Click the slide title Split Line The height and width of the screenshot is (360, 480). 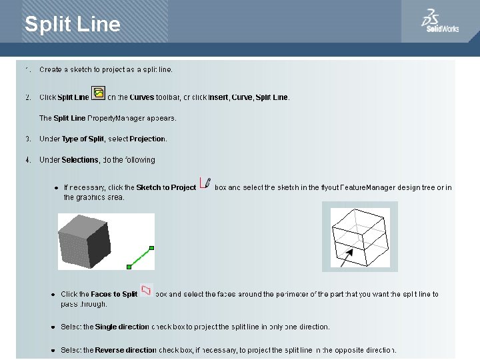pyautogui.click(x=73, y=25)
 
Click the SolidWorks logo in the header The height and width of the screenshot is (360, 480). pyautogui.click(x=440, y=21)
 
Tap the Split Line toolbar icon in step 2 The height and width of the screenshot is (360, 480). pyautogui.click(x=98, y=93)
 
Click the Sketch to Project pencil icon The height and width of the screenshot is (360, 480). pyautogui.click(x=206, y=183)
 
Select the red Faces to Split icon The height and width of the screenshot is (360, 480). pyautogui.click(x=145, y=290)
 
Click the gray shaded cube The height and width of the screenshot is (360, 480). pyautogui.click(x=84, y=241)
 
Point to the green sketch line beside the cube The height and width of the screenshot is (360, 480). pyautogui.click(x=140, y=257)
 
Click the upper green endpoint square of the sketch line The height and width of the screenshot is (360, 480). pyautogui.click(x=152, y=248)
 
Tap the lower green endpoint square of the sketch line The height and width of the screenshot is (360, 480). pyautogui.click(x=129, y=267)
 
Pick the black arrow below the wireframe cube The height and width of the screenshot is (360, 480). pyautogui.click(x=347, y=259)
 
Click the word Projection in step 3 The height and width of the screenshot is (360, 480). pyautogui.click(x=147, y=139)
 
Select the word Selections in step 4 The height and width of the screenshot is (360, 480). pyautogui.click(x=80, y=160)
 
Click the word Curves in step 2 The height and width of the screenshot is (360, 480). pyautogui.click(x=141, y=97)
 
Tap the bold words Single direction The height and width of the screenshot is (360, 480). pyautogui.click(x=122, y=327)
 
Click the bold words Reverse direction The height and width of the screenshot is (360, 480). pyautogui.click(x=125, y=350)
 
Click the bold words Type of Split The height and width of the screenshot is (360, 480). pyautogui.click(x=83, y=139)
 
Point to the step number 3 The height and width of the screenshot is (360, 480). pyautogui.click(x=28, y=139)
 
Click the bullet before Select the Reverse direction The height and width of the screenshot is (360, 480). pyautogui.click(x=53, y=350)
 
